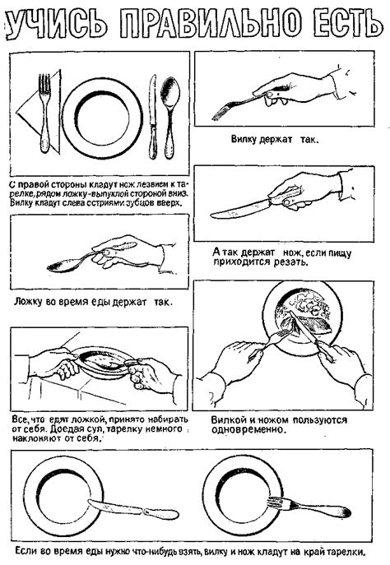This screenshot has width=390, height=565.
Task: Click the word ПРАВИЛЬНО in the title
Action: tap(210, 23)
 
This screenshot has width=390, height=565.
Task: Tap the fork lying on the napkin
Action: tap(44, 113)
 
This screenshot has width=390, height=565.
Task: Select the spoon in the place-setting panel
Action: tap(169, 118)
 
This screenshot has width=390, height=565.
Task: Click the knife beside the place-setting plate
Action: tap(153, 117)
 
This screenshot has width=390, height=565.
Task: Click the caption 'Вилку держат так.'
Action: tap(275, 140)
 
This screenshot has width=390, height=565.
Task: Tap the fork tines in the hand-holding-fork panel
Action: tap(220, 113)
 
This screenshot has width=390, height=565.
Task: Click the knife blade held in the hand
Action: tap(240, 210)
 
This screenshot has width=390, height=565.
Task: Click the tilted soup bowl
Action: tap(100, 362)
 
